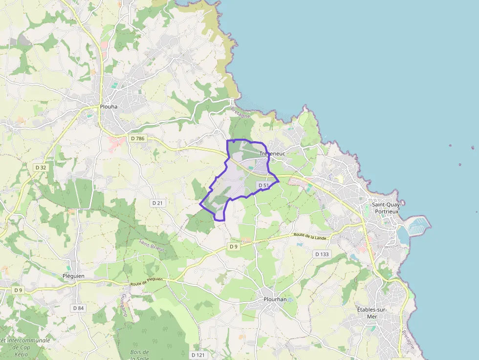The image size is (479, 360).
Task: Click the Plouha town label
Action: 109,106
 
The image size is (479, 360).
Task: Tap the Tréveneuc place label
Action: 272,153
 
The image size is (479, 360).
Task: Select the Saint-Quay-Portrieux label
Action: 386,208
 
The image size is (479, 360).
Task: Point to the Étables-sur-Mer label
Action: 372,313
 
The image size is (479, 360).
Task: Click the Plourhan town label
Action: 275,299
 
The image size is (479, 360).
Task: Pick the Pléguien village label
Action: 73,276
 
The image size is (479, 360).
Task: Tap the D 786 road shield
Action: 138,139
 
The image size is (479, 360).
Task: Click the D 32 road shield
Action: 41,167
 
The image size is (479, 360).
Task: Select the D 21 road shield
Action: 157,203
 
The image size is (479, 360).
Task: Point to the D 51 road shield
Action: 263,185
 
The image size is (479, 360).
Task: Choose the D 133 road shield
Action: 322,254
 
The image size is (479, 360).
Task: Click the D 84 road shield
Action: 78,308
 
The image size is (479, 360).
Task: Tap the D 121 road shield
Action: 198,355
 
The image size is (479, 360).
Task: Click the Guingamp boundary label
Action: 124,305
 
